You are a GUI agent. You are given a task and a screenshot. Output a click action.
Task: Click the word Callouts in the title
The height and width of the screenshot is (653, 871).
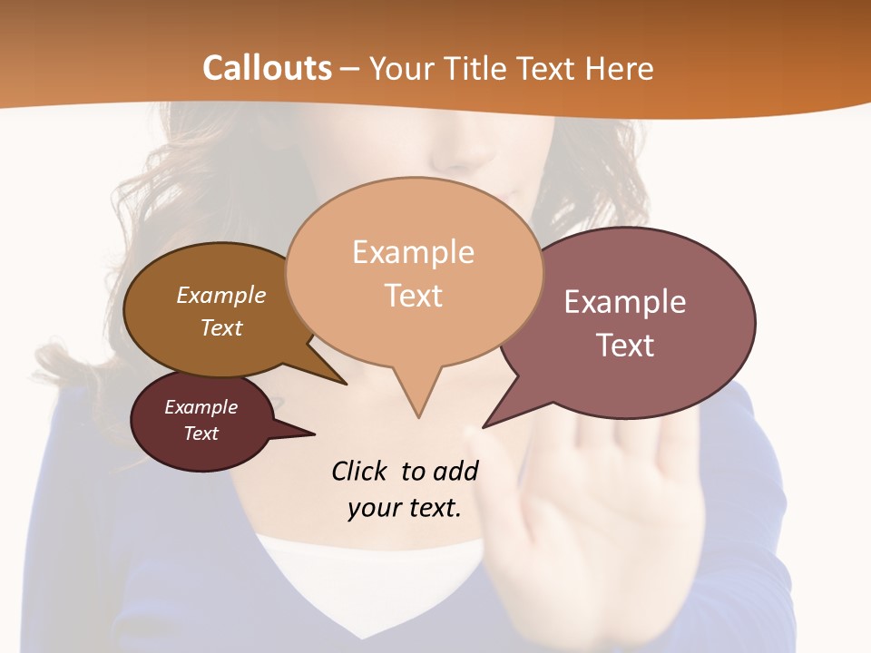[267, 69]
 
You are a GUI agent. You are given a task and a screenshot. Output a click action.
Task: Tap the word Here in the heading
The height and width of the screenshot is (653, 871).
[619, 69]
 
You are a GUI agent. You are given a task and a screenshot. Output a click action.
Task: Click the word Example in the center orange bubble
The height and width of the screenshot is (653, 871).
[413, 252]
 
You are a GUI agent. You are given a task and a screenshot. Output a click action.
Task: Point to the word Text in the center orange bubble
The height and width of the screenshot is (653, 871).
[414, 296]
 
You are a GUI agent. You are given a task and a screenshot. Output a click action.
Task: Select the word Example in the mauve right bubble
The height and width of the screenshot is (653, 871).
[625, 302]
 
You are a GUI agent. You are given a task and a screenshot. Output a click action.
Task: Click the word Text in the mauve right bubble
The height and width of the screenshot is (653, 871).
[625, 346]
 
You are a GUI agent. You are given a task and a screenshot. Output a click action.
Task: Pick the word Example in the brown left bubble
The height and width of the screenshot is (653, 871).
[221, 296]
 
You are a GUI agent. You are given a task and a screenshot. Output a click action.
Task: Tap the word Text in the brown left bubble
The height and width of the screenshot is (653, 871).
[221, 327]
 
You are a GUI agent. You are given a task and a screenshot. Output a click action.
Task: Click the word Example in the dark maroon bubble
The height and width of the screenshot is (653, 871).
[201, 407]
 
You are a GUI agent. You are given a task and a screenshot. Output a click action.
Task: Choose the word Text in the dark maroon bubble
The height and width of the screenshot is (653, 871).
[201, 434]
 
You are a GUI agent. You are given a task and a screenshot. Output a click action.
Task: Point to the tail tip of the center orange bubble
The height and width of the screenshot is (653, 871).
[418, 417]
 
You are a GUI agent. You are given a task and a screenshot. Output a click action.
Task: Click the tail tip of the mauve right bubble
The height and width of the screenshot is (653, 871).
[483, 427]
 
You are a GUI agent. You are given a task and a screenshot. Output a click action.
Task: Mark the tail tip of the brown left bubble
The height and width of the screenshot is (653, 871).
[346, 385]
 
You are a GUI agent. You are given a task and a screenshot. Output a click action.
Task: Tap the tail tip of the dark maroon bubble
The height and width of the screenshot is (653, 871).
[315, 434]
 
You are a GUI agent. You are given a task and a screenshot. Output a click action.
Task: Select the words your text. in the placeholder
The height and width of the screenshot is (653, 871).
[405, 508]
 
